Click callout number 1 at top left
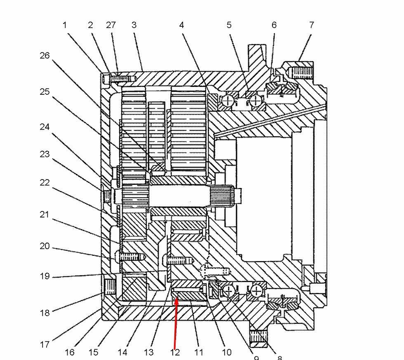pyautogui.click(x=64, y=25)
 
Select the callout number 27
pyautogui.click(x=111, y=25)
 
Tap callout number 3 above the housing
pyautogui.click(x=134, y=25)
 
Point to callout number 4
pyautogui.click(x=181, y=25)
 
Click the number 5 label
pyautogui.click(x=229, y=25)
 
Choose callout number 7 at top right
pyautogui.click(x=312, y=25)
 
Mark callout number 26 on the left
pyautogui.click(x=45, y=55)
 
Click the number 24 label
pyautogui.click(x=45, y=127)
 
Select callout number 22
pyautogui.click(x=45, y=182)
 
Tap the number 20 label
pyautogui.click(x=45, y=246)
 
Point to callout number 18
pyautogui.click(x=45, y=313)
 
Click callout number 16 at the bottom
pyautogui.click(x=70, y=352)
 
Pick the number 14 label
pyautogui.click(x=122, y=352)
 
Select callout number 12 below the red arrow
pyautogui.click(x=175, y=352)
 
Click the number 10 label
pyautogui.click(x=227, y=352)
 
